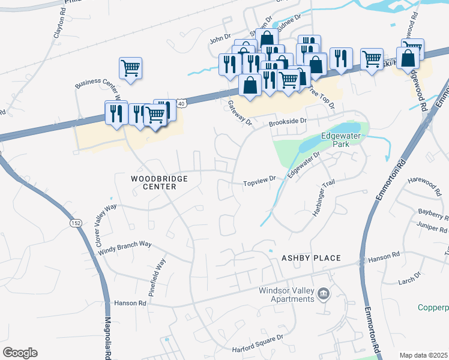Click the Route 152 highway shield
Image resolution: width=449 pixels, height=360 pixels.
pos(76,223)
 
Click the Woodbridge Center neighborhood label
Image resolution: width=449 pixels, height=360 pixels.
pos(160,182)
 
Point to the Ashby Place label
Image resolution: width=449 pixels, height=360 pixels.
pos(311,258)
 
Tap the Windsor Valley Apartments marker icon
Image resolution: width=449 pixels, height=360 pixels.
pos(324,293)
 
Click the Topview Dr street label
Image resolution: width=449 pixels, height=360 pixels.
pos(259,179)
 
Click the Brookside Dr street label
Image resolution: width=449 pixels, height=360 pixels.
pos(288,121)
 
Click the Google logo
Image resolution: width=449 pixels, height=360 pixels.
pos(20,353)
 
